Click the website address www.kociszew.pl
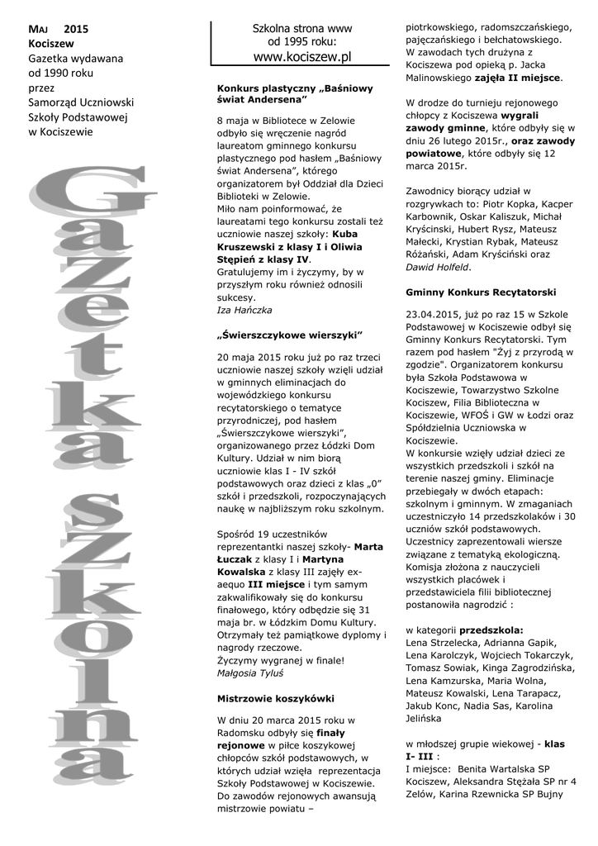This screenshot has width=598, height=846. pos(301,56)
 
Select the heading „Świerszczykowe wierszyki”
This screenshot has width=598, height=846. pos(289,335)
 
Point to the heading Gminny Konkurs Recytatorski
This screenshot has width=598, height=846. pos(481,292)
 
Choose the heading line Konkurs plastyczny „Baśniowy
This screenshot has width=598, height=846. pos(294,87)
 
